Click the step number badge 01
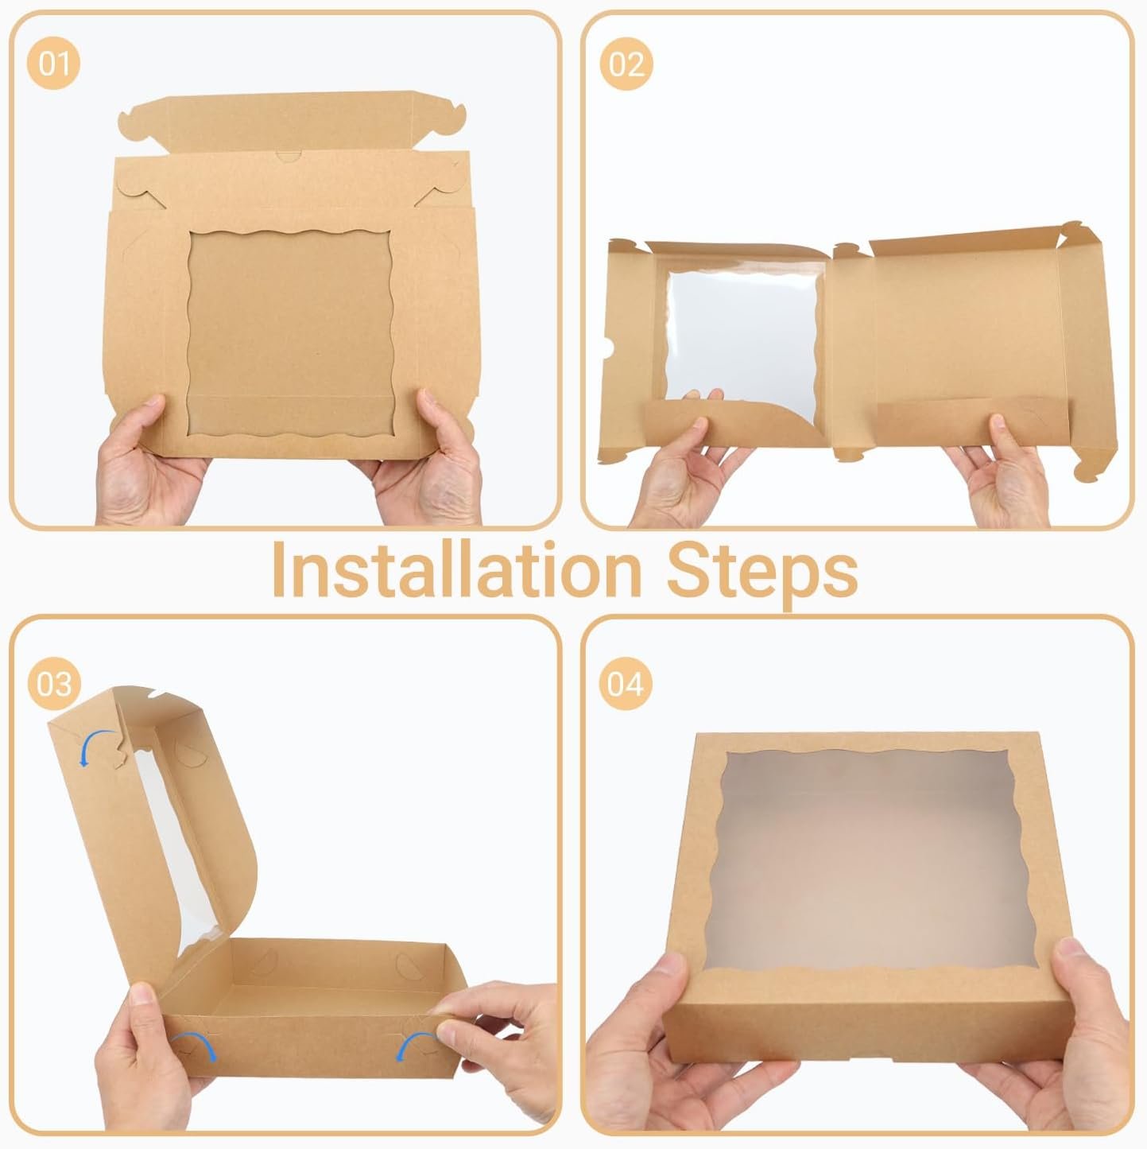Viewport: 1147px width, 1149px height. (55, 62)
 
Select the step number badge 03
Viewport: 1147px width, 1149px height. (54, 683)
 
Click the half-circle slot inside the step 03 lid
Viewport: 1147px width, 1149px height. (184, 751)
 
